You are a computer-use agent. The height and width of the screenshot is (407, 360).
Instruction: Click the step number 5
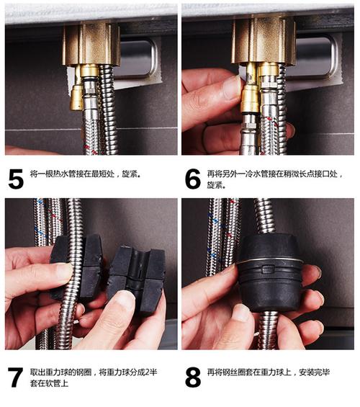[x=15, y=178]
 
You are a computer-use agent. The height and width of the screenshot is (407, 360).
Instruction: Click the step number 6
[x=192, y=178]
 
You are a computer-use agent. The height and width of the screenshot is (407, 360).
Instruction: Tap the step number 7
[x=15, y=376]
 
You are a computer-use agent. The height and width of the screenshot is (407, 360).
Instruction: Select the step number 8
[x=192, y=376]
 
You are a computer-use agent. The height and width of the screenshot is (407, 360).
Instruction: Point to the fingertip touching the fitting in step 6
[x=230, y=89]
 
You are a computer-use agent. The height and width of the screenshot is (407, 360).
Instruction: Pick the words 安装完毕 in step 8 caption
[x=312, y=372]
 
